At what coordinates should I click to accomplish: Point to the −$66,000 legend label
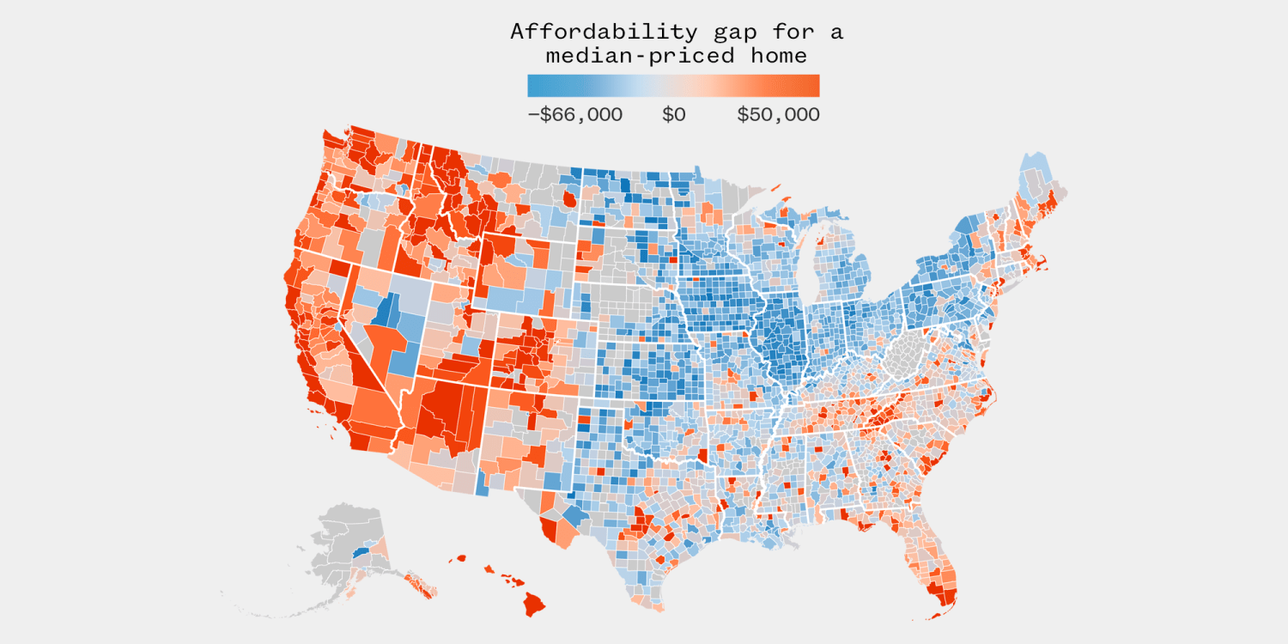pos(574,114)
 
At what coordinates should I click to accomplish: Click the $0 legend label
pos(674,114)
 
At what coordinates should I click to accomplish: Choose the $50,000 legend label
pos(778,114)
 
